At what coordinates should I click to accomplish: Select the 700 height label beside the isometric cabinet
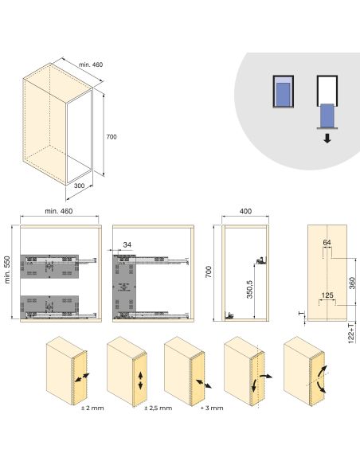click(x=112, y=138)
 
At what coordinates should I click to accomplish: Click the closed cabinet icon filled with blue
click(x=282, y=96)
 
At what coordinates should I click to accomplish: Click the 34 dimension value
click(x=127, y=244)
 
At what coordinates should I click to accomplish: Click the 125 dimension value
click(x=326, y=295)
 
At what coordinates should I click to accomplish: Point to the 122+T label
click(x=351, y=329)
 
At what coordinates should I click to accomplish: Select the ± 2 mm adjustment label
click(x=92, y=408)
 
